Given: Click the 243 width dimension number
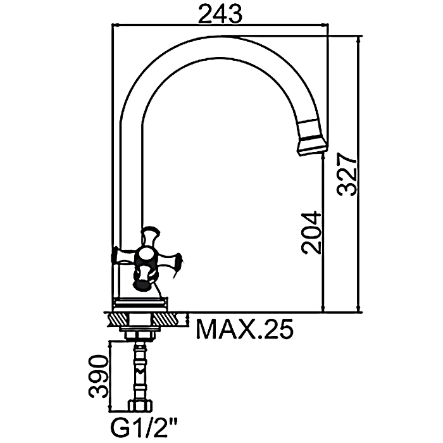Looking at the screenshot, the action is [220, 14].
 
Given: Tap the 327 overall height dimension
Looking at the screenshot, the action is [347, 174].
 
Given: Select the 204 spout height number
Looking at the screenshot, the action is [311, 232].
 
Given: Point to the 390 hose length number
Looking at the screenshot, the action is [98, 377].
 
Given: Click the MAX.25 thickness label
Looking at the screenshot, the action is [245, 330].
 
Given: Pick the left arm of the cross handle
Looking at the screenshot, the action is [124, 256].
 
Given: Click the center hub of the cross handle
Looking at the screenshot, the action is [146, 256].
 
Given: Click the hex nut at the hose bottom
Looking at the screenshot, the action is [140, 406].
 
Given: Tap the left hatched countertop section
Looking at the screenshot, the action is [119, 319].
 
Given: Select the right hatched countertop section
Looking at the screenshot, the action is [170, 319].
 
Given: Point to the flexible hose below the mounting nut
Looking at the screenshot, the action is [140, 370].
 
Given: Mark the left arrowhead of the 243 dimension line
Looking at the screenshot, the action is [115, 25].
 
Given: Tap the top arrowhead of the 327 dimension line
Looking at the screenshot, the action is [359, 39].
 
